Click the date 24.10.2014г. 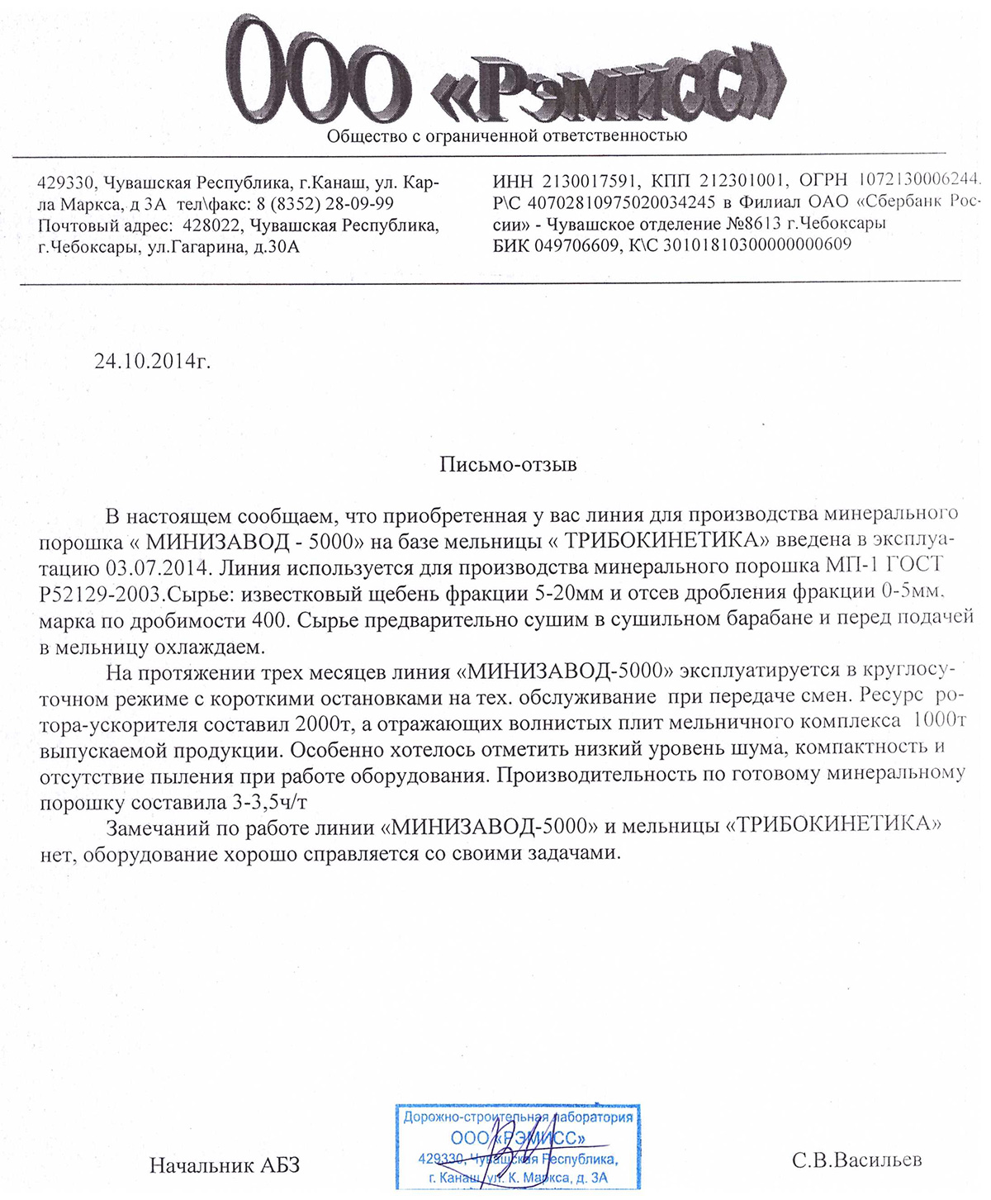(x=153, y=361)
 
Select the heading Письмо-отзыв (x=507, y=464)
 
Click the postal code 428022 (x=211, y=225)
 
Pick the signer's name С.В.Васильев (x=856, y=1160)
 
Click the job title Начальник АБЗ (x=224, y=1165)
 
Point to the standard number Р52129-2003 (x=98, y=593)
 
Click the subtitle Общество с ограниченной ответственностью (x=506, y=135)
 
